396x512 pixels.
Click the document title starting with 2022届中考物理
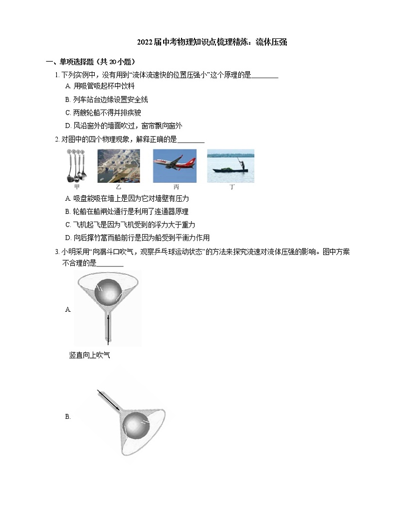[212, 42]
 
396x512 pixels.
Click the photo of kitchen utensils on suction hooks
[77, 165]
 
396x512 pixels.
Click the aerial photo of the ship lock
[118, 165]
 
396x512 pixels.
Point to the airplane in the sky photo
[174, 164]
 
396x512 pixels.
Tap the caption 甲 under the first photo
[77, 187]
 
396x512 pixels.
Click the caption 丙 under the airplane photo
[176, 187]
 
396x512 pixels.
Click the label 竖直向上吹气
[89, 355]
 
